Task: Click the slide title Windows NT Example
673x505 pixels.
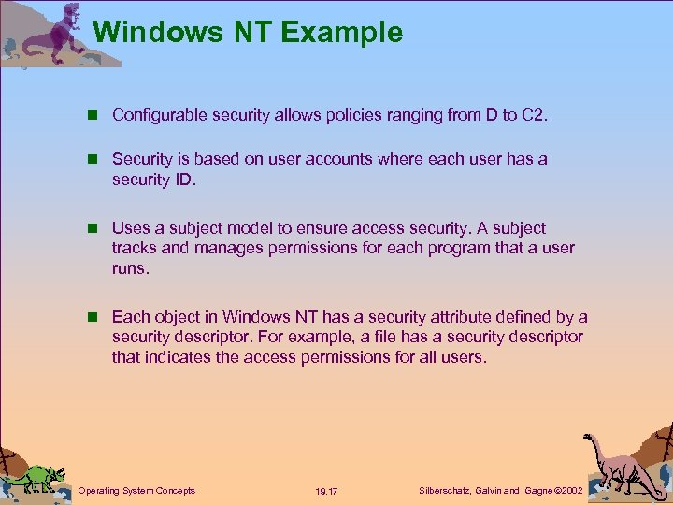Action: click(x=248, y=33)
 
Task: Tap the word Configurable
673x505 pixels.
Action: click(x=156, y=116)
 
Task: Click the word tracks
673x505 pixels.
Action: click(x=134, y=248)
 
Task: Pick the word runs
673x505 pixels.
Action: click(x=130, y=267)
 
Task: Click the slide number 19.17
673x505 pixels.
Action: click(x=327, y=491)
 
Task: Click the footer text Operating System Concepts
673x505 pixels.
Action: click(x=137, y=490)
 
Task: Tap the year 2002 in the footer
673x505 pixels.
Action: click(x=568, y=490)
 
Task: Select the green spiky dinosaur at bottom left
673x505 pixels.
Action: click(x=37, y=474)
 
